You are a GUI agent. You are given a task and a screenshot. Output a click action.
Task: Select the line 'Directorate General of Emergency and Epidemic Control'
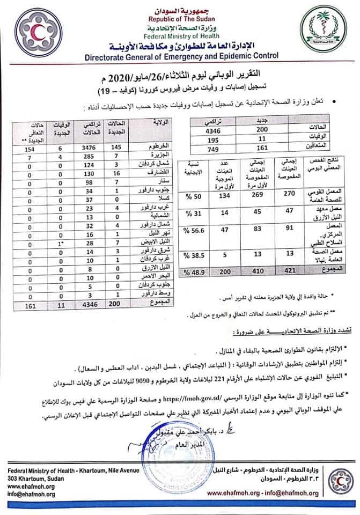pos(180,55)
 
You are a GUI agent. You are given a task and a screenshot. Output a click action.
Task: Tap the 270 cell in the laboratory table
pos(289,193)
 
